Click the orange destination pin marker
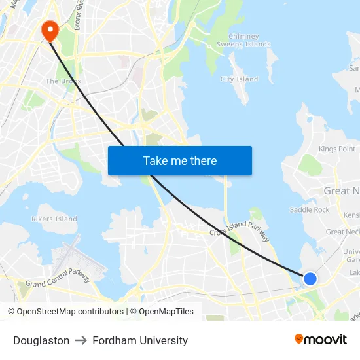point(49,30)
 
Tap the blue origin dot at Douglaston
point(310,279)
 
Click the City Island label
point(239,79)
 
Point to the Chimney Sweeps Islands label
point(249,41)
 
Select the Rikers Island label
point(54,219)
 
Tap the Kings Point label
point(337,149)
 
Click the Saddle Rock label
point(310,210)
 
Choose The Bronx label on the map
point(63,81)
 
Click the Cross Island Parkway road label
point(240,231)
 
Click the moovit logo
point(321,339)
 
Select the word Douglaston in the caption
point(41,340)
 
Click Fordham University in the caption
point(140,340)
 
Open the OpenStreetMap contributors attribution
point(65,312)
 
